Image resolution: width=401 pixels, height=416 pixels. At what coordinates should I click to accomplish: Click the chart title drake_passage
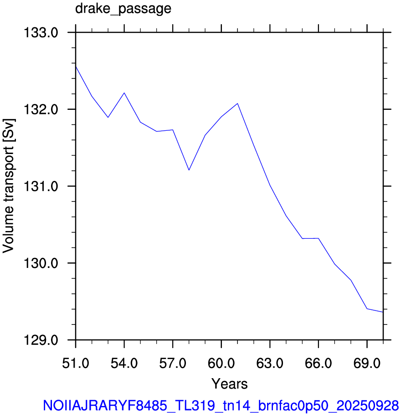123,9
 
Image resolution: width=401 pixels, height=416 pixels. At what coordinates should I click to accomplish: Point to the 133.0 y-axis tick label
41,33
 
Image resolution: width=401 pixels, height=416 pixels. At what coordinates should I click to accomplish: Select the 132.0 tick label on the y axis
41,109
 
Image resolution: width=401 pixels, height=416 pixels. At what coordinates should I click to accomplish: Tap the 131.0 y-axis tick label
41,186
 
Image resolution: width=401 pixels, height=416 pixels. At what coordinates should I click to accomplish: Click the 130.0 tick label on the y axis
41,263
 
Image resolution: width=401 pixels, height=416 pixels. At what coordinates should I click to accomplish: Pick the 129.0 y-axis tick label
41,340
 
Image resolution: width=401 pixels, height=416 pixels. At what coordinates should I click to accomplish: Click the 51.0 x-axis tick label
76,363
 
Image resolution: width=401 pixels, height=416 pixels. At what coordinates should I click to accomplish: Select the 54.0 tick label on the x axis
124,363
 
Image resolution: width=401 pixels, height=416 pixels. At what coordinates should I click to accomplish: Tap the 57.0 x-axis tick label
173,363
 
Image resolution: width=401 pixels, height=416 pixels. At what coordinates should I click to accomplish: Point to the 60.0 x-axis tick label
221,363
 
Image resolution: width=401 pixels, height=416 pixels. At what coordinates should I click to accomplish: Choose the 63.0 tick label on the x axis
270,363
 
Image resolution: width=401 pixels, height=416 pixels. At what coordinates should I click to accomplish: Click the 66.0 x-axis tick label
319,363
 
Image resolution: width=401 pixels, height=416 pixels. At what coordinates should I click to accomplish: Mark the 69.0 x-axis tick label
367,363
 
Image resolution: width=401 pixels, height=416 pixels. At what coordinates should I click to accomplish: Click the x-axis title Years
230,384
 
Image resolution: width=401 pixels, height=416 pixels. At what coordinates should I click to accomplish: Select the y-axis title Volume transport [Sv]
9,186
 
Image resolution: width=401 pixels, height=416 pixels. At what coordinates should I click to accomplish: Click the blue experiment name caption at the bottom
221,406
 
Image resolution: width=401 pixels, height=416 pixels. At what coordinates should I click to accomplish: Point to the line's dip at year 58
189,170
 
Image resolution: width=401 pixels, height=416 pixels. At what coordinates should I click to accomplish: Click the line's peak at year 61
237,103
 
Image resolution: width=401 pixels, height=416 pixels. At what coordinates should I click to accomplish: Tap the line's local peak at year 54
124,93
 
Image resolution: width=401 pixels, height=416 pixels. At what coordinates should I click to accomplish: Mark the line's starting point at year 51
76,67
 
